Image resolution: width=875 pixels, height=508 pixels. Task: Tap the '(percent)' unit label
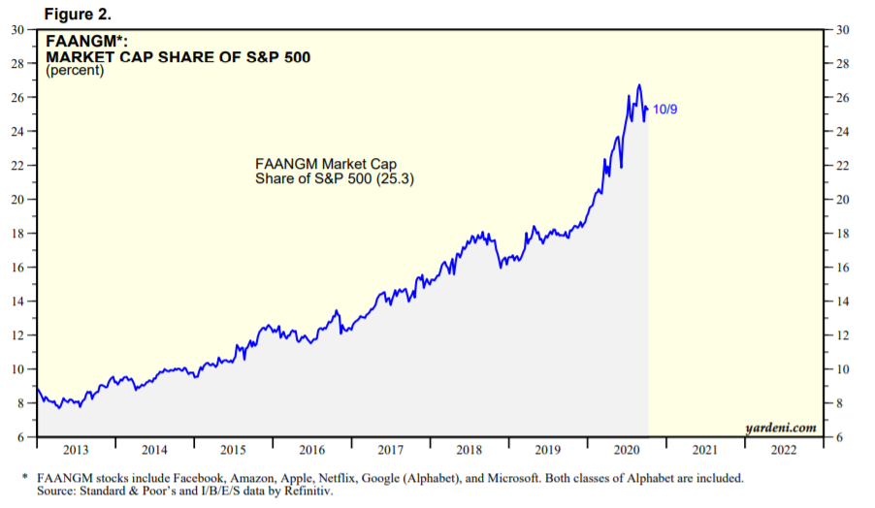pos(75,71)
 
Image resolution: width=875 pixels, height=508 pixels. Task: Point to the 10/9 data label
pos(664,109)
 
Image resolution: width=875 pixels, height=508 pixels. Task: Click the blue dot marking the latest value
pos(646,109)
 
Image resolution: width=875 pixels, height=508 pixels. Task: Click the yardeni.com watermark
pos(780,427)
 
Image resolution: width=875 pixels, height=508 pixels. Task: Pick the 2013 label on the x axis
pos(76,450)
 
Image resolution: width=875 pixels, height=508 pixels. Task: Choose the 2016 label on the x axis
pos(311,450)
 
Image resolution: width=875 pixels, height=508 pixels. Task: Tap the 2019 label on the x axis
pos(548,450)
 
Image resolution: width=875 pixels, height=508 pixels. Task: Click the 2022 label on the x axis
pos(784,450)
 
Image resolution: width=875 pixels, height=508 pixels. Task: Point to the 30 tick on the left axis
pos(18,29)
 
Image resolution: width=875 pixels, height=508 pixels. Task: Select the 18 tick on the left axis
pos(18,233)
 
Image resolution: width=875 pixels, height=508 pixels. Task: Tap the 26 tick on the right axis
pos(842,97)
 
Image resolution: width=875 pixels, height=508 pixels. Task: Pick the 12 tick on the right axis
pos(842,334)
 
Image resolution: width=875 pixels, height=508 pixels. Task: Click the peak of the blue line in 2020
pos(638,85)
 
